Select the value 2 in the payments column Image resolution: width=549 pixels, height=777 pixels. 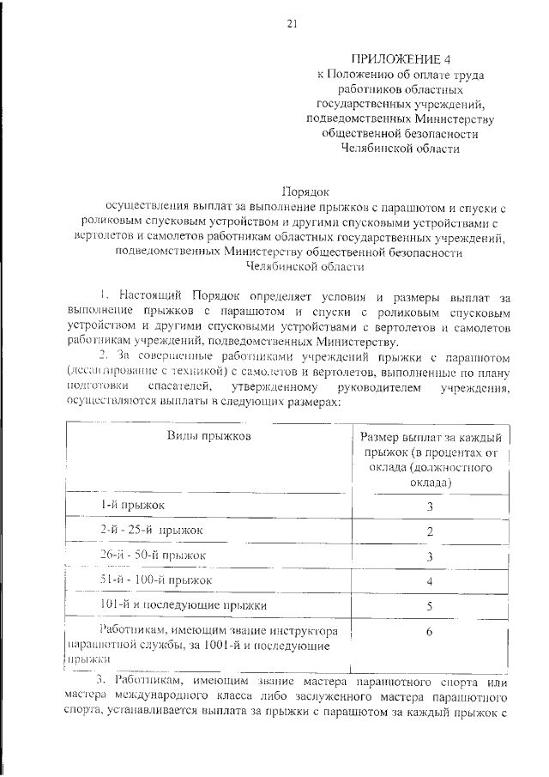tap(429, 532)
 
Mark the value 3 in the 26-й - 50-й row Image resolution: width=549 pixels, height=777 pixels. tap(429, 557)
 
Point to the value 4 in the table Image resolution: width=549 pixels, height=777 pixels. tap(429, 582)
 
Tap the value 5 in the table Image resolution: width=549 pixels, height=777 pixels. tap(429, 607)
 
